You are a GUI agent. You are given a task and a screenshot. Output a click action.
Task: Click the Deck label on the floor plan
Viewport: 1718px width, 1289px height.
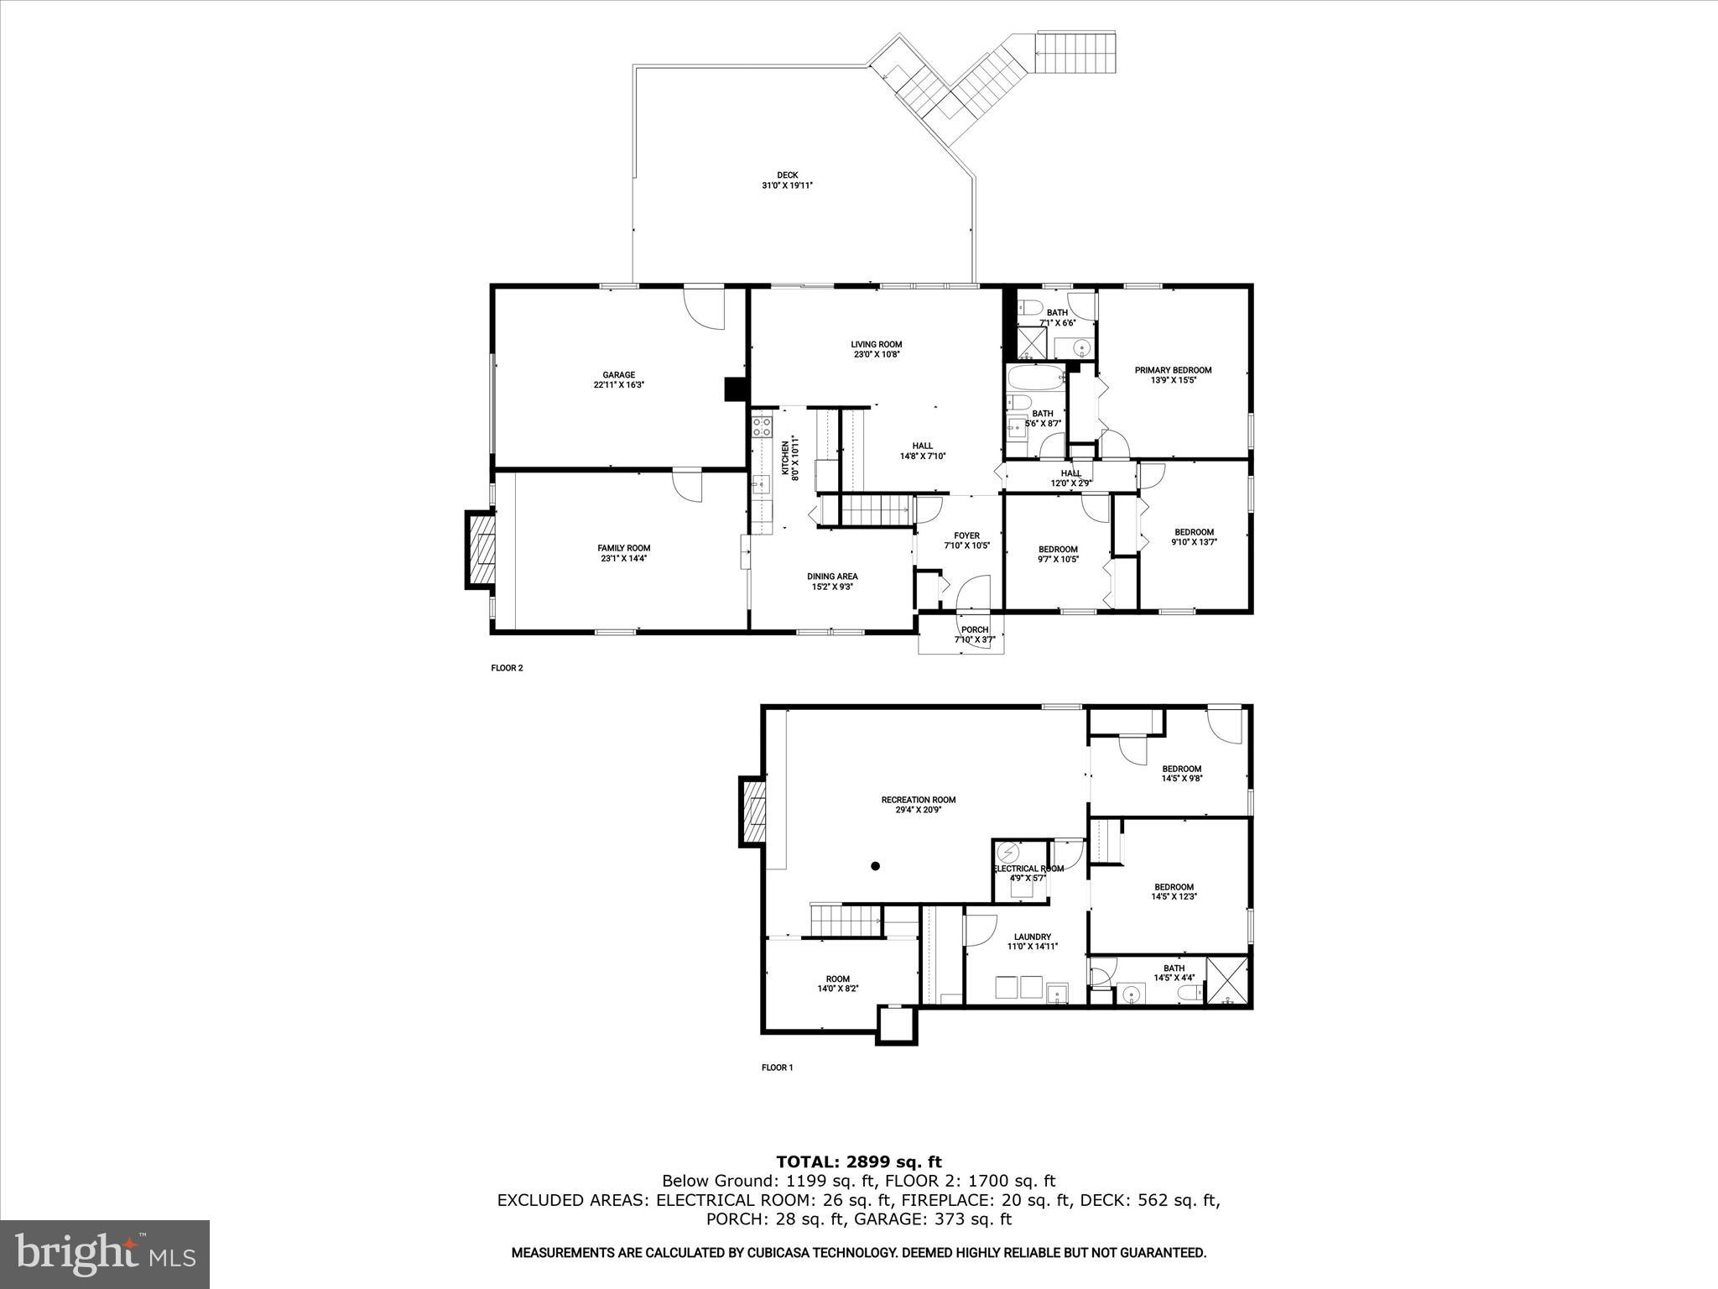click(786, 175)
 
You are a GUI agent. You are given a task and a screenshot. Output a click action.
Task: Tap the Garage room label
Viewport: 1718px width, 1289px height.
click(618, 375)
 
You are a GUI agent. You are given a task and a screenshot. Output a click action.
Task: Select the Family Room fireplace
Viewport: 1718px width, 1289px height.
click(481, 550)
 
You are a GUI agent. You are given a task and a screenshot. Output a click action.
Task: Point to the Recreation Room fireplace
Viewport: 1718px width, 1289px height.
click(752, 811)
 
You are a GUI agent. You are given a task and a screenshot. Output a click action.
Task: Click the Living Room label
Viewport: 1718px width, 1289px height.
click(876, 344)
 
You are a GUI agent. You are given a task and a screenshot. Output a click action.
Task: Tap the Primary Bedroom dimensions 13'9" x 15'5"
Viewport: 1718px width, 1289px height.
click(1173, 380)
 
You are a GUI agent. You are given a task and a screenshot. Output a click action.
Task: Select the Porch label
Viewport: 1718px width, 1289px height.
click(974, 629)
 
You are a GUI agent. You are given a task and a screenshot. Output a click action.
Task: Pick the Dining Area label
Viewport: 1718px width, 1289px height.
click(832, 577)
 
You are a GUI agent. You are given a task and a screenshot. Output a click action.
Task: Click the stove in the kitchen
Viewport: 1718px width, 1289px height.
click(762, 425)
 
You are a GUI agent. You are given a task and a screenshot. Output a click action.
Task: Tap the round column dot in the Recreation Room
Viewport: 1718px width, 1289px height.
click(875, 866)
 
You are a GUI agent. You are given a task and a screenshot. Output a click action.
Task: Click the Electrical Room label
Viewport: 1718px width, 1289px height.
click(1028, 869)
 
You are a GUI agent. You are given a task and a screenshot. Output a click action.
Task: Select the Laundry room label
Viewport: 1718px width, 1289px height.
click(1032, 937)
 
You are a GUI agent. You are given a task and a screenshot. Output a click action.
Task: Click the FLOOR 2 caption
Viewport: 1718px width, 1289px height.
click(507, 669)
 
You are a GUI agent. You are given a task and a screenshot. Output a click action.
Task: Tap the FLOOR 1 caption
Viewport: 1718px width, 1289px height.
click(777, 1067)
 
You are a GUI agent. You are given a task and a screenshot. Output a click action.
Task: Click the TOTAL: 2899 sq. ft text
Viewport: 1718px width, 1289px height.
click(858, 1162)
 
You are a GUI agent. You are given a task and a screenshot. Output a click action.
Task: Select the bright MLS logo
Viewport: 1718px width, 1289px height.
click(105, 1255)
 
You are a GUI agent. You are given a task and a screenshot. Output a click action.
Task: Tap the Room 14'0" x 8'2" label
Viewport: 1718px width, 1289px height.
click(837, 978)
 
